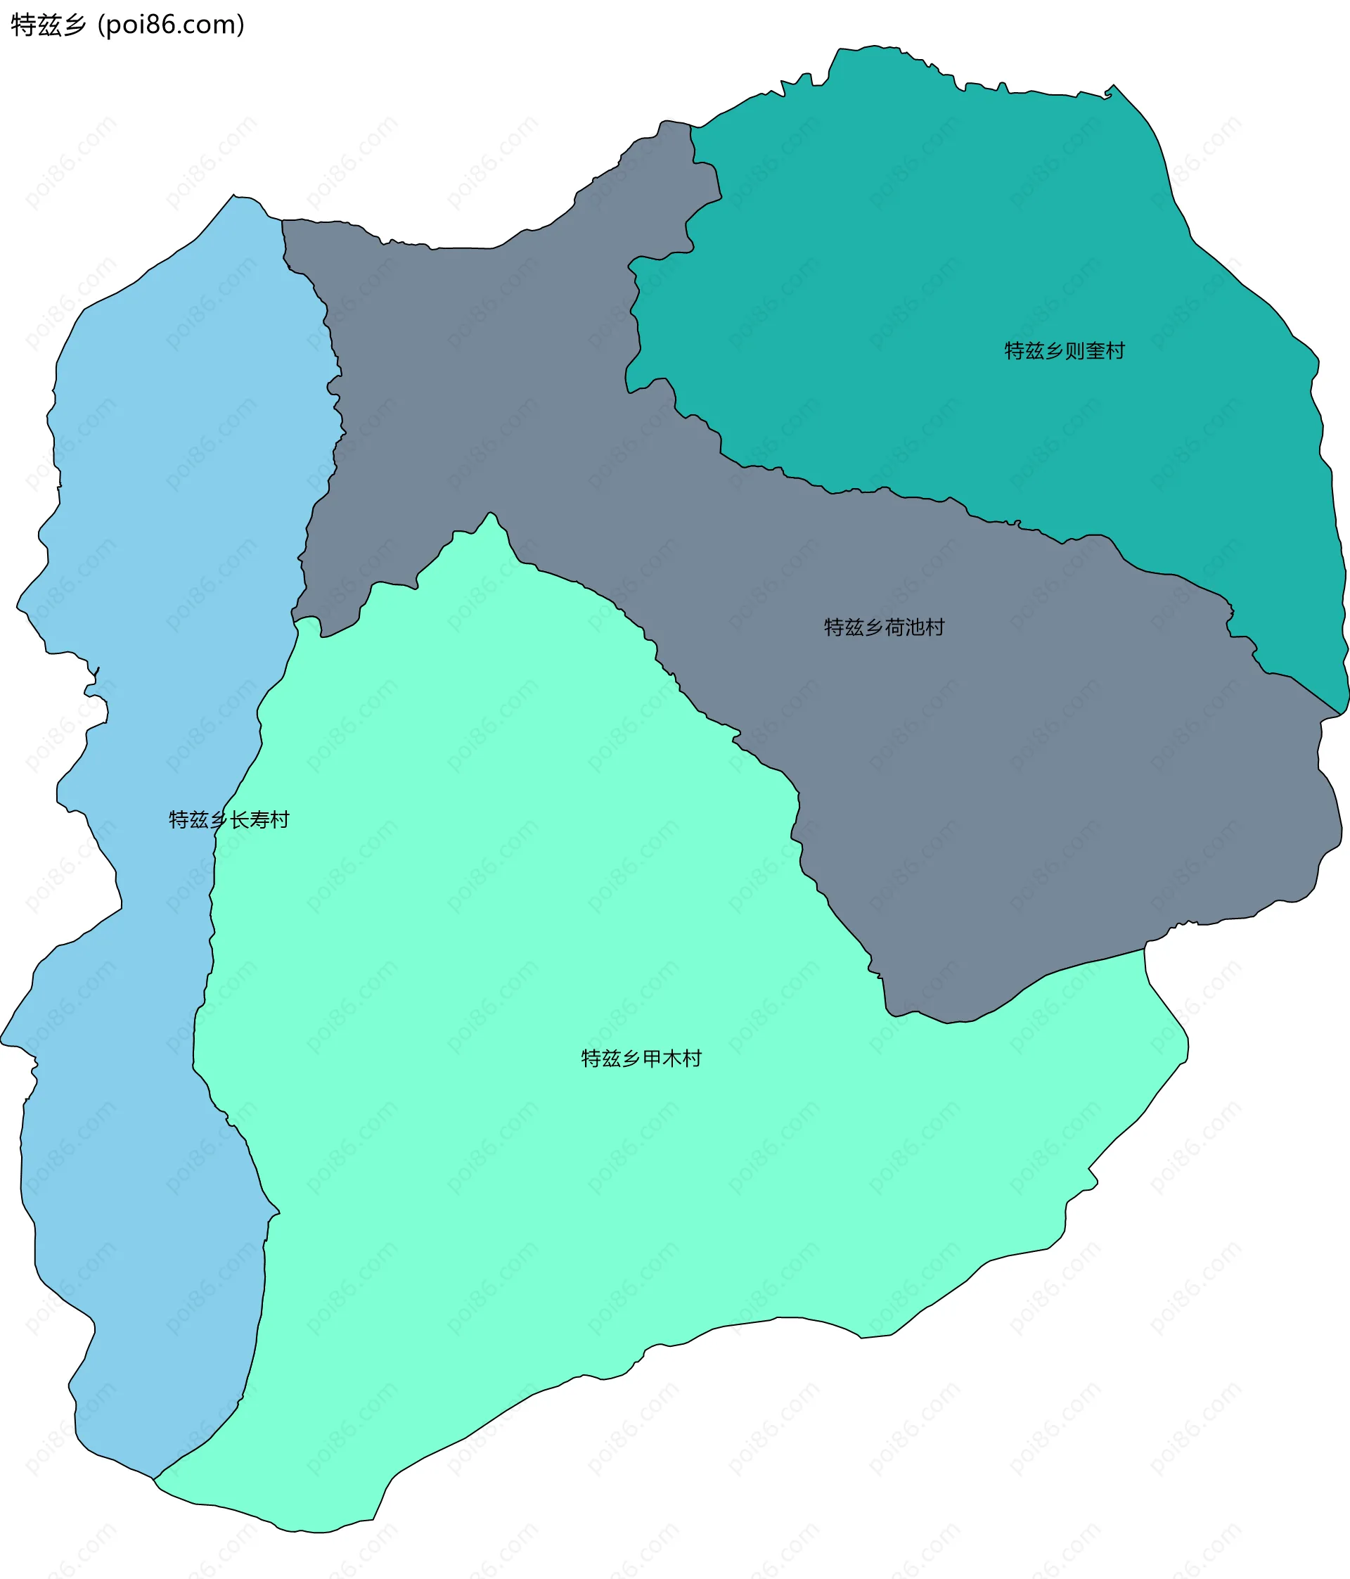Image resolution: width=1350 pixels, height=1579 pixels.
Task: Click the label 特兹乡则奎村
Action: (1065, 350)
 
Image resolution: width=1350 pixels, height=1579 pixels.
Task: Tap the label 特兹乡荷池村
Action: (884, 627)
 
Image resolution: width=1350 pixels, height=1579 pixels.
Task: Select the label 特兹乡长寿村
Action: (229, 819)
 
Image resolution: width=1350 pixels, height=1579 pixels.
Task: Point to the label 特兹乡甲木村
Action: (641, 1059)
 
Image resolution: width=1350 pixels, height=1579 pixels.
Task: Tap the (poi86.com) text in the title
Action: (172, 25)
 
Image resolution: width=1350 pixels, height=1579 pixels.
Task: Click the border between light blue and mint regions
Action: (212, 952)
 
